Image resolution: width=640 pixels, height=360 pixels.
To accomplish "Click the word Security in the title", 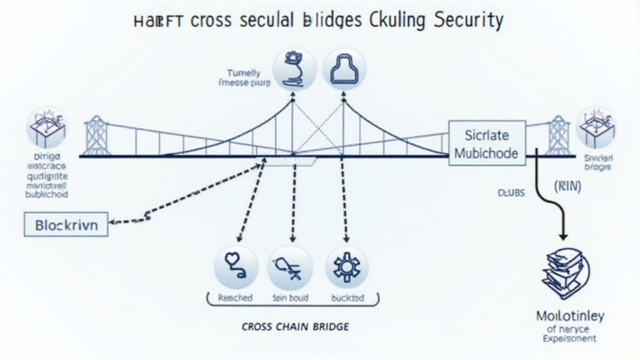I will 469,20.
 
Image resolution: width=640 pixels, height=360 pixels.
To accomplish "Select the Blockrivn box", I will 67,225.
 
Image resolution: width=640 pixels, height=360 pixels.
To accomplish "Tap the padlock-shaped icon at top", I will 342,69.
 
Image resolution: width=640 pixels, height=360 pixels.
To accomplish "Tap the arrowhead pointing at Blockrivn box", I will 114,222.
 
